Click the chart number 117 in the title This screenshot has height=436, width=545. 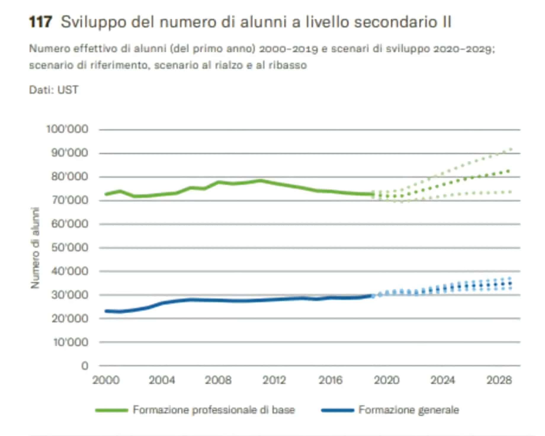pos(41,22)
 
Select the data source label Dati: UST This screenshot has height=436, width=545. pos(54,90)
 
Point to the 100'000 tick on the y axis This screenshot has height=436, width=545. pos(67,129)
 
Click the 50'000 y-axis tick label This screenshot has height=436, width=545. pos(70,248)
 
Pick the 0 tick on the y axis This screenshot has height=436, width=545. pos(85,366)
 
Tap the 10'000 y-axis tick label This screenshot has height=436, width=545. pos(70,342)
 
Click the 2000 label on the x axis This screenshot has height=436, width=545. pos(106,380)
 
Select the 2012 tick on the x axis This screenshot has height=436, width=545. pos(274,380)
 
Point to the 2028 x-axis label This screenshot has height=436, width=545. pos(499,380)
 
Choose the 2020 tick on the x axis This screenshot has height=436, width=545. pos(387,380)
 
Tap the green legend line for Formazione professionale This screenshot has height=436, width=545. pos(111,411)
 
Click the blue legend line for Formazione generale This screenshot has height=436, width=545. pos(338,411)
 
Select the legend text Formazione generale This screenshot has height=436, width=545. pos(409,410)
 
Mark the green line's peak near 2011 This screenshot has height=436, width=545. pos(260,180)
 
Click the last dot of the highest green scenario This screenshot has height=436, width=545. pos(510,149)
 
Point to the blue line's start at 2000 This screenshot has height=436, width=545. pos(106,311)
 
